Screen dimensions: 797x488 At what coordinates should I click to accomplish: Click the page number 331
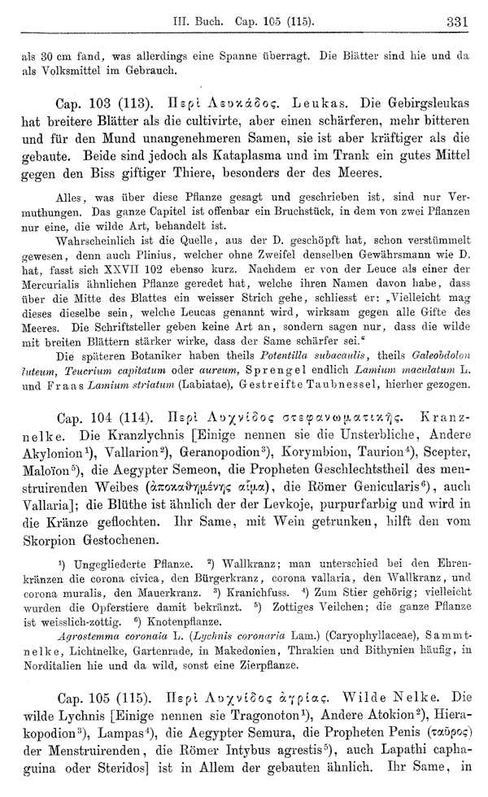(458, 21)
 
